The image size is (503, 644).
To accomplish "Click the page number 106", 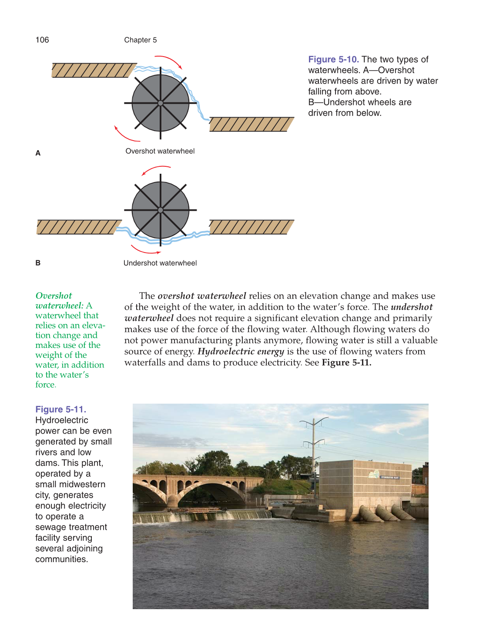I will pyautogui.click(x=42, y=40).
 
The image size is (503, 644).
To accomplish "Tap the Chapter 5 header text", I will pyautogui.click(x=140, y=40).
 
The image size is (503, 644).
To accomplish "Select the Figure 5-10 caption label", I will pyautogui.click(x=333, y=60).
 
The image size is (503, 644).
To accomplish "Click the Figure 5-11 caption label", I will pyautogui.click(x=60, y=409).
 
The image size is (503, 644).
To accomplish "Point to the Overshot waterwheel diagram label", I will pyautogui.click(x=160, y=151).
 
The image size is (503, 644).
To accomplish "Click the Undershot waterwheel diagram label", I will pyautogui.click(x=160, y=263).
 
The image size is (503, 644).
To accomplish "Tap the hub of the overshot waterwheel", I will pyautogui.click(x=161, y=103).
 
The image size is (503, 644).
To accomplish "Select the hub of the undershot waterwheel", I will pyautogui.click(x=161, y=210).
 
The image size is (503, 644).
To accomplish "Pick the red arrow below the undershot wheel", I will pyautogui.click(x=145, y=250).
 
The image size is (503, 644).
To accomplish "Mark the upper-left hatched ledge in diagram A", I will pyautogui.click(x=94, y=70).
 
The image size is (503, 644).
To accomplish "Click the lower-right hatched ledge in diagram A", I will pyautogui.click(x=251, y=125).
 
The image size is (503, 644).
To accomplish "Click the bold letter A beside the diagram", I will pyautogui.click(x=38, y=153).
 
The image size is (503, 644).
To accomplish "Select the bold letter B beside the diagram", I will pyautogui.click(x=38, y=263).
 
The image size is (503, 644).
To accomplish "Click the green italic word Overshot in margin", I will pyautogui.click(x=54, y=296).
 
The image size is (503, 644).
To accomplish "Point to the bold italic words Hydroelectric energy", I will pyautogui.click(x=241, y=351).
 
